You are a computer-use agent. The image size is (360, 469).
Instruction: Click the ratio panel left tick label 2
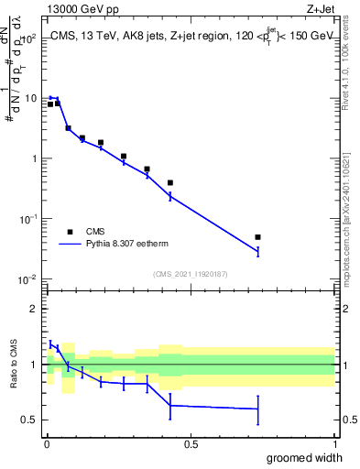point(34,310)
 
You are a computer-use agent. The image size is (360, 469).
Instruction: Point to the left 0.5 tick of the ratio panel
point(30,420)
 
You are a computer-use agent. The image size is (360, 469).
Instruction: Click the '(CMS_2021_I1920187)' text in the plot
point(191,273)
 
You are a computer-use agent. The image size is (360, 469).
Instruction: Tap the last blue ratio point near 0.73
point(257,409)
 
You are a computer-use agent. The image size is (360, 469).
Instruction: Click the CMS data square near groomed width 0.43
point(170,182)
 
